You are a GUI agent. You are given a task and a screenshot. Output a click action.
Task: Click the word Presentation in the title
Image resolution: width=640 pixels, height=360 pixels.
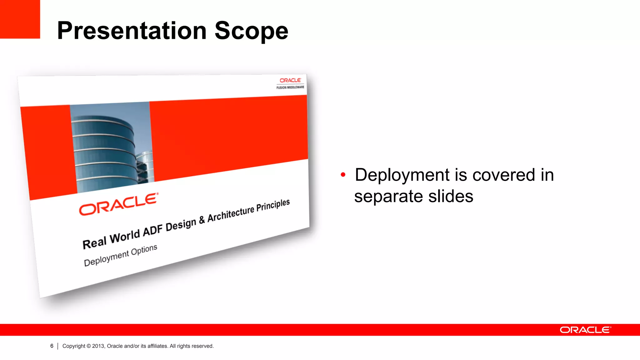pos(132,31)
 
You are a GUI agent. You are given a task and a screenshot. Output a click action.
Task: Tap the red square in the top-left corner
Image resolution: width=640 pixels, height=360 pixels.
pos(20,19)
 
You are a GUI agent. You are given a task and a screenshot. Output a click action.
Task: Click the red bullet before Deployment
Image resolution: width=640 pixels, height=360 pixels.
pos(343,175)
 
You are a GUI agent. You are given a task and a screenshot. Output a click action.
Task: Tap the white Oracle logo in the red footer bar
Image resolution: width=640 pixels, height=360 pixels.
pos(585,330)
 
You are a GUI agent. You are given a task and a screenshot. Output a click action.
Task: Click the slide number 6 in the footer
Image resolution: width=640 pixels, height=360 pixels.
pos(52,346)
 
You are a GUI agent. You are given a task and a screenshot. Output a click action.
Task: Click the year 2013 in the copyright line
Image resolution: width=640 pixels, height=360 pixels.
pos(98,346)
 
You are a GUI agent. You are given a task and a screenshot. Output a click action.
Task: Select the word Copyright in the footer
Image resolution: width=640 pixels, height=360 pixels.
pos(74,346)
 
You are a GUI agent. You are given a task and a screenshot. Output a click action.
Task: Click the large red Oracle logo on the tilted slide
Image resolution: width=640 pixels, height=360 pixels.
pos(118,204)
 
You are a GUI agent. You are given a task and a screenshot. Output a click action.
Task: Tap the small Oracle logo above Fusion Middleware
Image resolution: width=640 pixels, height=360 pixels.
pos(290,80)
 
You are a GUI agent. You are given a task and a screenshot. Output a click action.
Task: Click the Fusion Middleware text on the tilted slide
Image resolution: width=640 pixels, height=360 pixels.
pos(290,87)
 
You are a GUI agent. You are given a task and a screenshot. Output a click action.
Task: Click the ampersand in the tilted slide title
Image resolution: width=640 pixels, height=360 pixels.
pos(202,220)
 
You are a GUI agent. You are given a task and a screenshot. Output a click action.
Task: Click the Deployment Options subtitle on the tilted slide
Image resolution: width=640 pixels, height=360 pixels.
pos(120,255)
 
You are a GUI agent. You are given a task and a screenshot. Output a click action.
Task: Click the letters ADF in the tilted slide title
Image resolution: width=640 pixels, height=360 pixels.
pos(153,231)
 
